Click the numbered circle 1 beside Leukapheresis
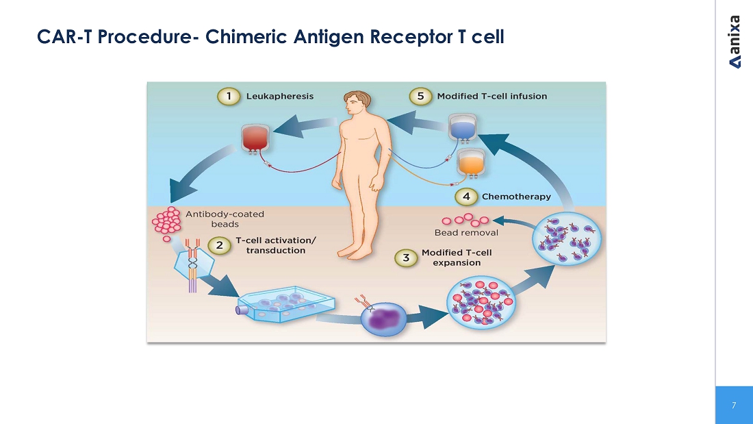tap(229, 97)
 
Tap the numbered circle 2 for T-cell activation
tap(219, 245)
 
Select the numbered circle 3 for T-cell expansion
tap(406, 258)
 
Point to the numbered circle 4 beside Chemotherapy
tap(466, 197)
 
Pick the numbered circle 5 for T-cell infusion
tap(420, 97)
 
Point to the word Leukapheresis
tap(280, 97)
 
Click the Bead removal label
tap(466, 233)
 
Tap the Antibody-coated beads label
tap(225, 219)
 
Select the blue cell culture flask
tap(285, 306)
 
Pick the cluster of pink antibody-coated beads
tap(166, 222)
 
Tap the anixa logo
tap(735, 41)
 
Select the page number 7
tap(734, 406)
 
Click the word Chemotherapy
tap(516, 197)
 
